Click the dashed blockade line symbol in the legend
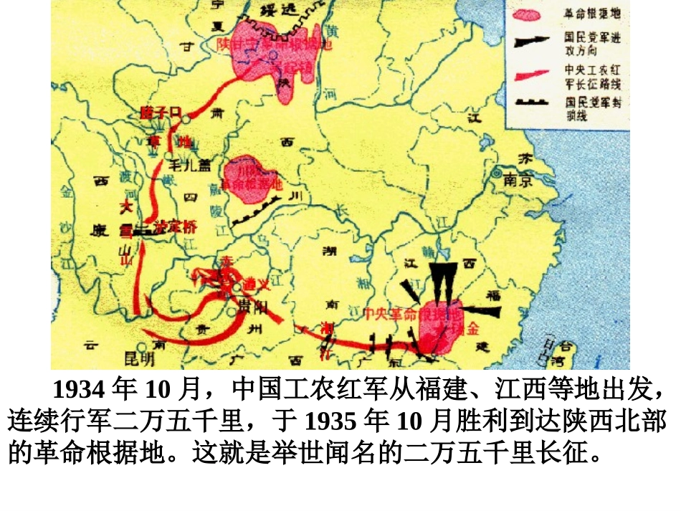point(529,105)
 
